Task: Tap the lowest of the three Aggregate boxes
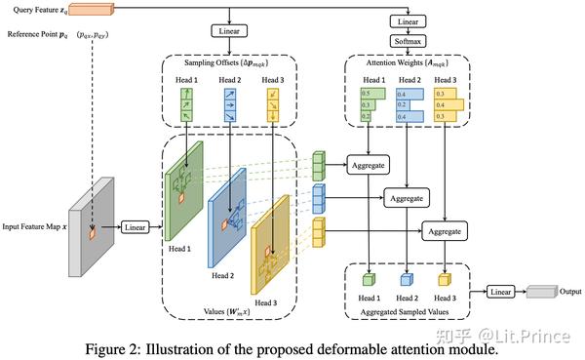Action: pos(445,230)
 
